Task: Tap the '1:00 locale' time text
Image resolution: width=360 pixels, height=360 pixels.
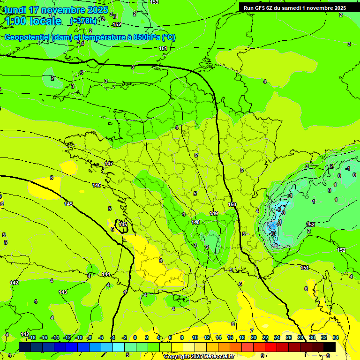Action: pyautogui.click(x=33, y=21)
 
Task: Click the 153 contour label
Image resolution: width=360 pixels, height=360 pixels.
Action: pyautogui.click(x=154, y=2)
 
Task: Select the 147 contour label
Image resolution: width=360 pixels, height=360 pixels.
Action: pyautogui.click(x=109, y=164)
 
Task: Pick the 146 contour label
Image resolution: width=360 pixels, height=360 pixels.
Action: pyautogui.click(x=97, y=185)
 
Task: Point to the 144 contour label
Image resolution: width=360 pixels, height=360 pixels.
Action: pyautogui.click(x=106, y=274)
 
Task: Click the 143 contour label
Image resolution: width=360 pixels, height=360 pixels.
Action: pyautogui.click(x=63, y=292)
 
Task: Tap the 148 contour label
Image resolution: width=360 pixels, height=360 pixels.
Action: pyautogui.click(x=195, y=222)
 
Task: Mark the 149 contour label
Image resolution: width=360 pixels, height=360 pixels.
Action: pyautogui.click(x=214, y=213)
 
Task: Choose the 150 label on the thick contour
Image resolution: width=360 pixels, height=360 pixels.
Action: pyautogui.click(x=232, y=204)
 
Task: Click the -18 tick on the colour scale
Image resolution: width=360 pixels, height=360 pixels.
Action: pyautogui.click(x=31, y=338)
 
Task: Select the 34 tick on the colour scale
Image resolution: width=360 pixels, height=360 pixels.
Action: pyautogui.click(x=335, y=338)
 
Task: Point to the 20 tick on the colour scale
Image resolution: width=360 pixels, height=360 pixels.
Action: pyautogui.click(x=253, y=338)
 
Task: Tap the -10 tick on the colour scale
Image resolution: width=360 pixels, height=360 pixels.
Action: pyautogui.click(x=79, y=338)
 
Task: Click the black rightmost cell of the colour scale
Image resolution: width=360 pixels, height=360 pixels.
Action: pyautogui.click(x=329, y=347)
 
